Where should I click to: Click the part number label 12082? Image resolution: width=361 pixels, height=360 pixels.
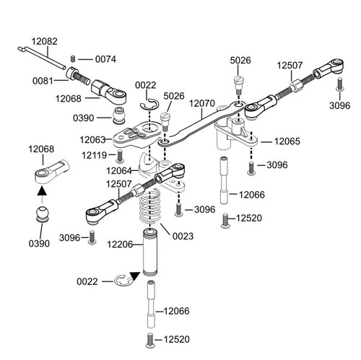pos(45,41)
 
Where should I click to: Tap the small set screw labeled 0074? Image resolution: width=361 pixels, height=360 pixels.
pos(74,58)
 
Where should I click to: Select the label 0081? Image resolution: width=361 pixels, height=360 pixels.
pos(43,81)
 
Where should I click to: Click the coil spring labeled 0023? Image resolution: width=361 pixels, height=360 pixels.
pos(150,206)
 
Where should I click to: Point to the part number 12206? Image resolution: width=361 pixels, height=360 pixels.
pos(120,245)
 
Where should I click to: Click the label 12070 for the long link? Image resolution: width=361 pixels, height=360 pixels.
pos(202,103)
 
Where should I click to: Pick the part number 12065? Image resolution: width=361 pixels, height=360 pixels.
pos(287,141)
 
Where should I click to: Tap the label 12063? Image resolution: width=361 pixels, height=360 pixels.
pos(92,140)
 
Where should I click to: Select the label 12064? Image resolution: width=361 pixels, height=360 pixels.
pos(119,171)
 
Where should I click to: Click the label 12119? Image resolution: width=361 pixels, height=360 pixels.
pos(95,155)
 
